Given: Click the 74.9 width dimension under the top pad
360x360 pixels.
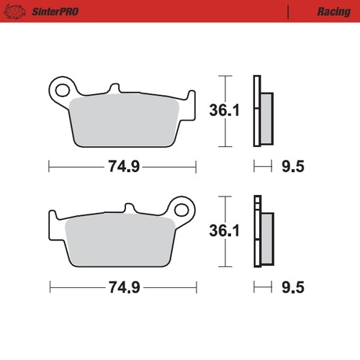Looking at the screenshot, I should click(x=123, y=166).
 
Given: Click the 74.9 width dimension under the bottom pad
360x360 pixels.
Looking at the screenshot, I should click(x=123, y=287).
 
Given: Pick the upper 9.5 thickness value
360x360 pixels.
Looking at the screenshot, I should click(x=292, y=166).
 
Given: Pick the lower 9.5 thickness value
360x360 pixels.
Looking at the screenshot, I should click(x=292, y=287).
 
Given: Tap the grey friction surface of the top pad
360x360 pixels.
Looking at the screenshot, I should click(x=126, y=119).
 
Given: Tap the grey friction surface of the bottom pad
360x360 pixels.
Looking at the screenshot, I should click(x=119, y=241).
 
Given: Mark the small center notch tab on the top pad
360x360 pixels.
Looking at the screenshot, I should click(x=112, y=89).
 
